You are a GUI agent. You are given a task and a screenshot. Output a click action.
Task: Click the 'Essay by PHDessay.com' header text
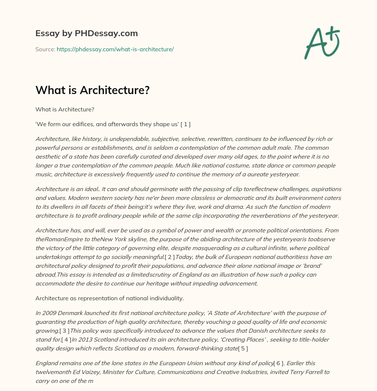point(87,33)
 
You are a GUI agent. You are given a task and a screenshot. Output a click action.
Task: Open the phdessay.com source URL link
point(115,49)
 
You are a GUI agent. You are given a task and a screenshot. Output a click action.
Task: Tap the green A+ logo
point(322,42)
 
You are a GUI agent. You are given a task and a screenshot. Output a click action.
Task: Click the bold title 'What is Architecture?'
point(92,90)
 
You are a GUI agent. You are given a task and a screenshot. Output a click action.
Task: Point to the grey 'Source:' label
point(45,49)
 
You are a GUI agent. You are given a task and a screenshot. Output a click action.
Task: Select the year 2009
point(49,313)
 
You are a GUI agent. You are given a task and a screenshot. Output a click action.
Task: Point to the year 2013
point(91,340)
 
